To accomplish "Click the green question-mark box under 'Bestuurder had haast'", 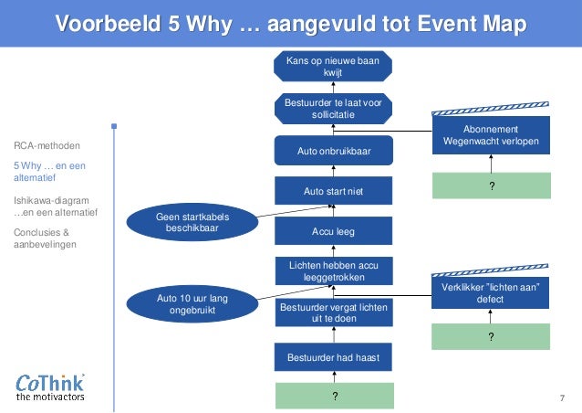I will click(x=335, y=396).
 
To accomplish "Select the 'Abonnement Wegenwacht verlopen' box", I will click(x=491, y=135).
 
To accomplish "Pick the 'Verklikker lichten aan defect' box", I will click(x=491, y=292).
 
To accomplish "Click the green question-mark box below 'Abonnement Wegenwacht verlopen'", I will click(x=491, y=185).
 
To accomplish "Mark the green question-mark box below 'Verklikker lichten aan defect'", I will click(x=491, y=336).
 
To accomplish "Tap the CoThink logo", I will click(x=51, y=387).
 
